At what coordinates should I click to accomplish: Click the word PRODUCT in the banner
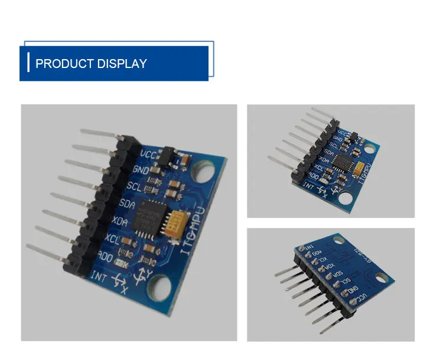click(x=61, y=64)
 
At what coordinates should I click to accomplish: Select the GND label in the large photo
click(x=141, y=170)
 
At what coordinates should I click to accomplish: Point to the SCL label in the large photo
click(x=134, y=187)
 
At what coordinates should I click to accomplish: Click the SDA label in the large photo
click(x=127, y=204)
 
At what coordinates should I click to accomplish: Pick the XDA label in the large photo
click(x=120, y=221)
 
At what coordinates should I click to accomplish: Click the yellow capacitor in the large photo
click(x=175, y=225)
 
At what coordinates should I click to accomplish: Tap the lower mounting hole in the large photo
click(x=159, y=289)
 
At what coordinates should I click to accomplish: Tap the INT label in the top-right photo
click(x=307, y=184)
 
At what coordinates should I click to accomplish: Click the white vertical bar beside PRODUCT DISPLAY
click(x=28, y=62)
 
